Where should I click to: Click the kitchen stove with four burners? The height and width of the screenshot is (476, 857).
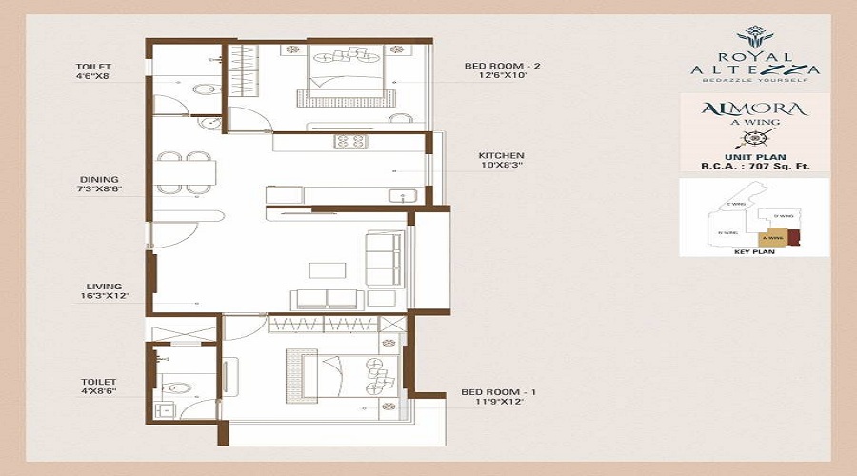(349, 142)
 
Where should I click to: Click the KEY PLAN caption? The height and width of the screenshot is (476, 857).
(754, 252)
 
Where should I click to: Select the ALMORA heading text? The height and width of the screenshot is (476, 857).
(754, 109)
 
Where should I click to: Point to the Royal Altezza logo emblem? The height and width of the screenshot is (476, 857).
(755, 35)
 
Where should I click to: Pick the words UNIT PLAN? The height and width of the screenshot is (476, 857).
(754, 155)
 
